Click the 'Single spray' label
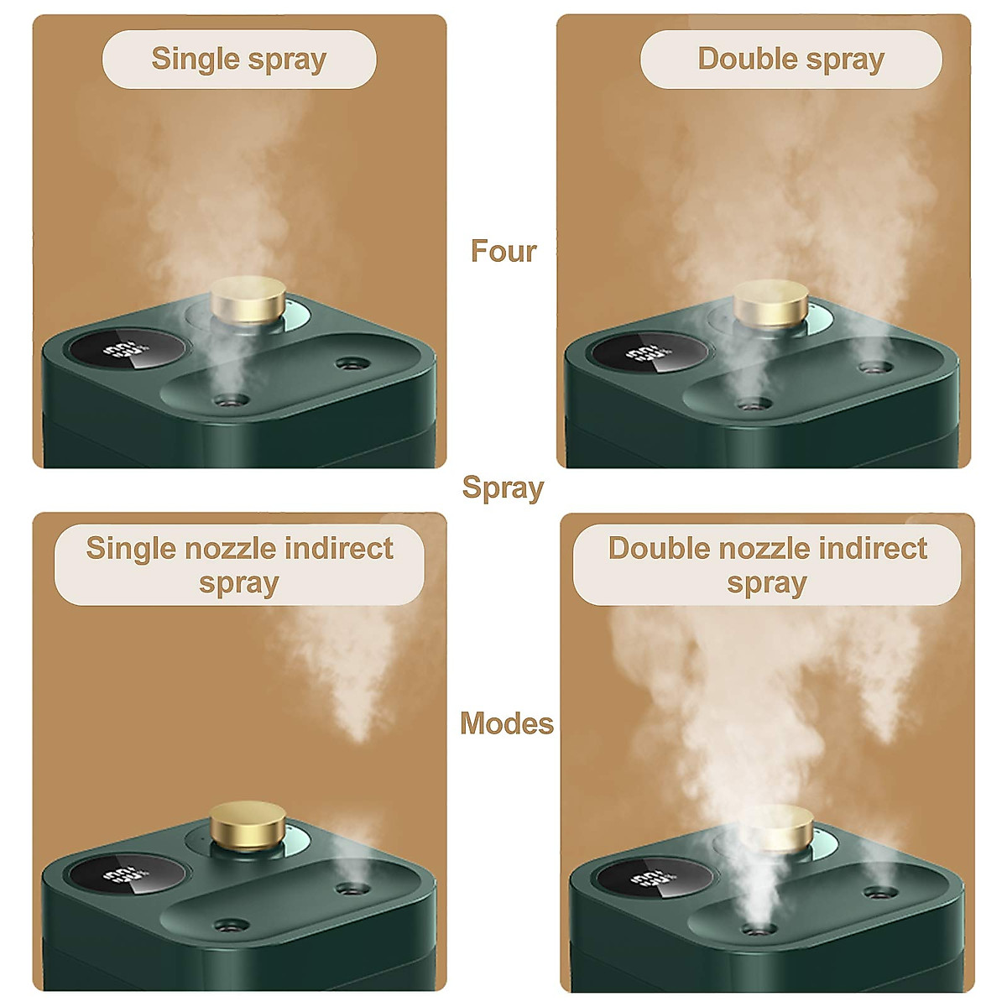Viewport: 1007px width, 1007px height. coord(239,60)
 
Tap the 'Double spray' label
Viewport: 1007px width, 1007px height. coord(790,60)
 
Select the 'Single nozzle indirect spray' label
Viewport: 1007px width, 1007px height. coord(239,565)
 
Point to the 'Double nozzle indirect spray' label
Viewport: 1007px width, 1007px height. coord(767,565)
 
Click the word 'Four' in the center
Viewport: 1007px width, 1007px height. coord(503,251)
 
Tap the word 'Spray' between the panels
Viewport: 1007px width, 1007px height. coord(503,488)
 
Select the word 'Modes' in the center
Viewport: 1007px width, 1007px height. coord(507,723)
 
